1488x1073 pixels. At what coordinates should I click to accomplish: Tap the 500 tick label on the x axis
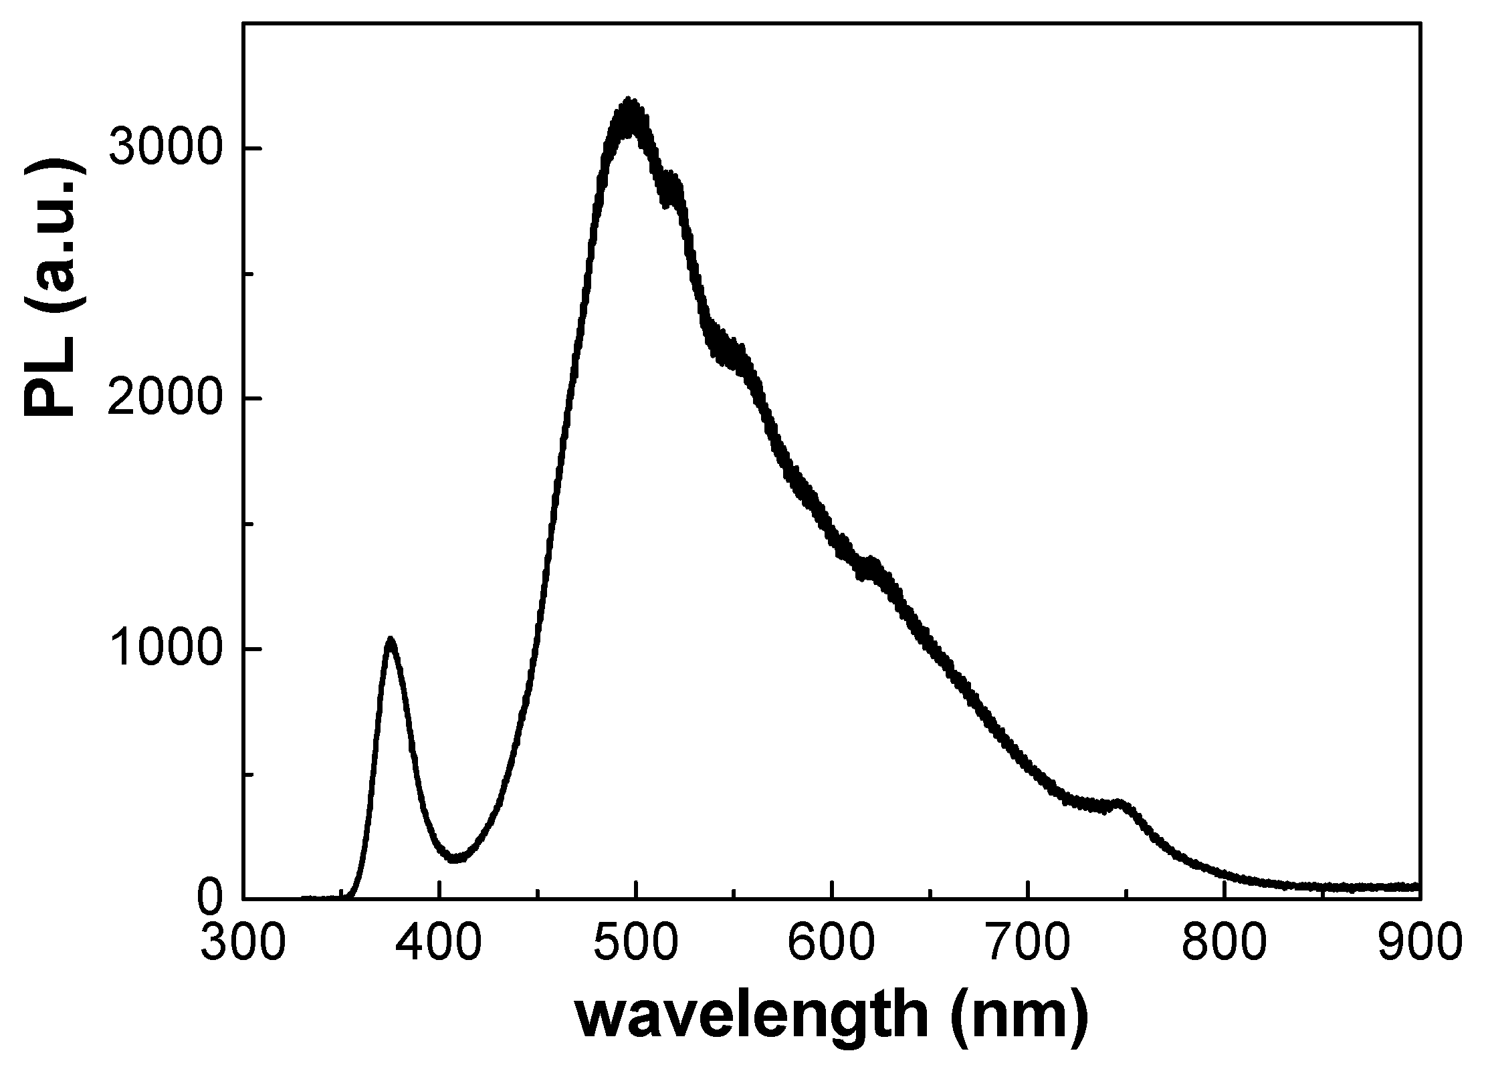635,943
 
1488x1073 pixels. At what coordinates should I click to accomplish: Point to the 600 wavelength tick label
831,943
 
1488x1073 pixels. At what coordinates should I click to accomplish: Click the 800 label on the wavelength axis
1224,943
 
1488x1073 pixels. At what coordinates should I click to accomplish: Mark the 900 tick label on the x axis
1418,943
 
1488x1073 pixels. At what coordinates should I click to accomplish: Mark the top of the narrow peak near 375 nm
391,640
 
